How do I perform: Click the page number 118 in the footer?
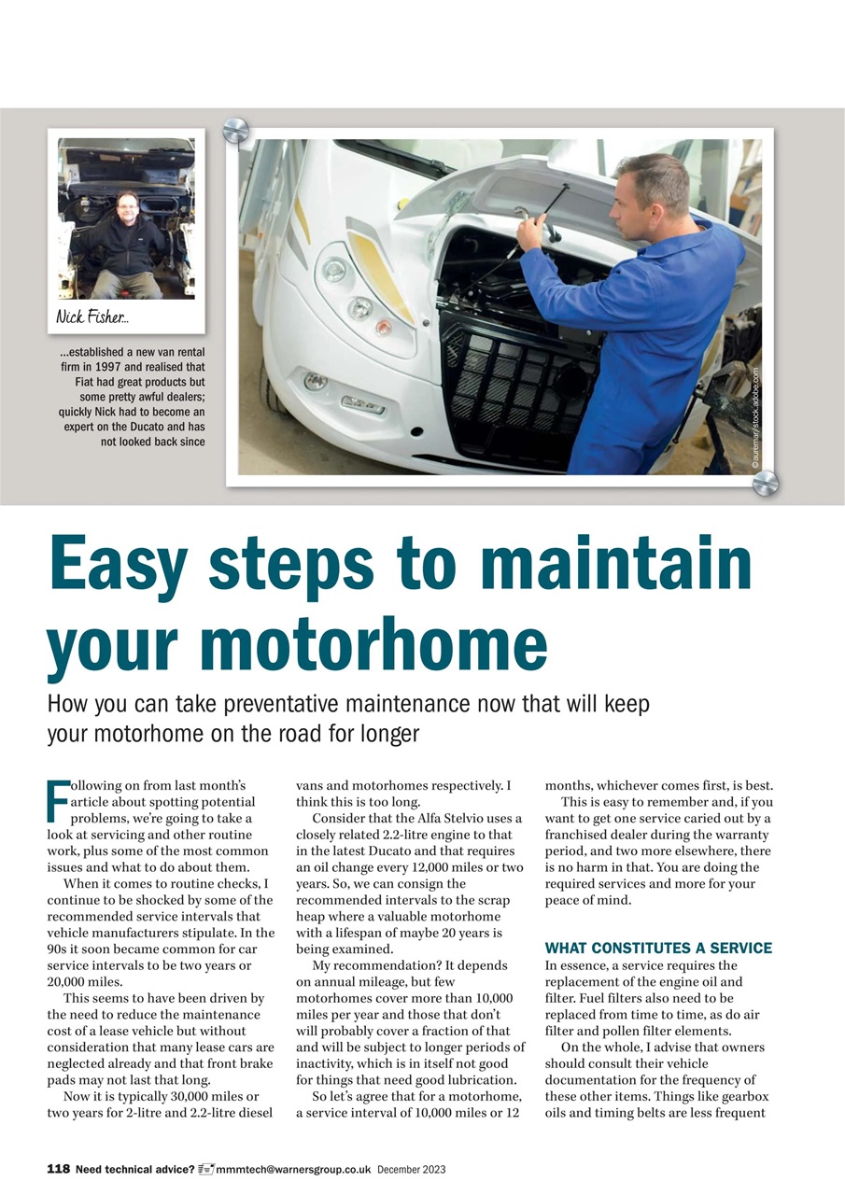tap(58, 1169)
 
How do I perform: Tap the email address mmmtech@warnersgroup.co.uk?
tap(293, 1169)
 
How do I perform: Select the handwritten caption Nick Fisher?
tap(91, 316)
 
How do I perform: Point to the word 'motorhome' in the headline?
tap(373, 646)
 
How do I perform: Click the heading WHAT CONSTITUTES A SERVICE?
tap(658, 948)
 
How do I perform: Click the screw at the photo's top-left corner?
tap(235, 130)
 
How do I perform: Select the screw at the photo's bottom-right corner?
tap(765, 483)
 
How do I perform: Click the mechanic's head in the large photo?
tap(653, 187)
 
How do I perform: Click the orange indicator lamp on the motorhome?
tap(384, 326)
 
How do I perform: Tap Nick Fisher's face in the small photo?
tap(127, 206)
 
